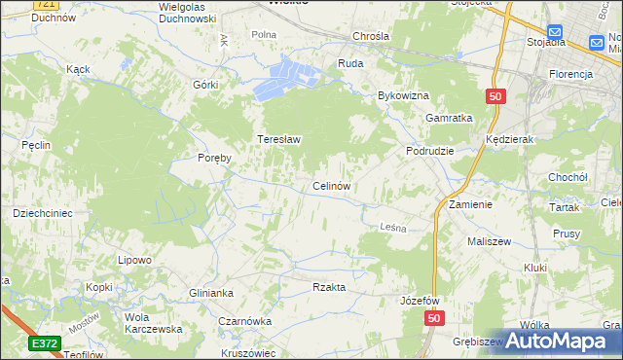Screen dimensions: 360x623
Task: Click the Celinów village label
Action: [331, 185]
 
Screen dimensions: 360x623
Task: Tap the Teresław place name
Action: [278, 139]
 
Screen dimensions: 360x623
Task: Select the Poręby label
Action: [214, 159]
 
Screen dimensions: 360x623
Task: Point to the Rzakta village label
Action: [329, 287]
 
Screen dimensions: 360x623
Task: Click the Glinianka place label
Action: [212, 293]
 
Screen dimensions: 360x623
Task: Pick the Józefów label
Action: [421, 301]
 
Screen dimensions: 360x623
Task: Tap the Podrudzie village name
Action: [430, 152]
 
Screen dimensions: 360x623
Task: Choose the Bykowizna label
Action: [403, 96]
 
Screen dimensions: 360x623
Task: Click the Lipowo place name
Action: [135, 260]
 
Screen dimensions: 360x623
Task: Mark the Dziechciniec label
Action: [43, 212]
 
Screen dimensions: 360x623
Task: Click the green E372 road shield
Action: [44, 343]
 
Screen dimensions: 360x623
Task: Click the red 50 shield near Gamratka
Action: [495, 96]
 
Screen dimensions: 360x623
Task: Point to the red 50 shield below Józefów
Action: [434, 319]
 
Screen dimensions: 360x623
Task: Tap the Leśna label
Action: [390, 227]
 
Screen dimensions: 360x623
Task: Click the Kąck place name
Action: [78, 70]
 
